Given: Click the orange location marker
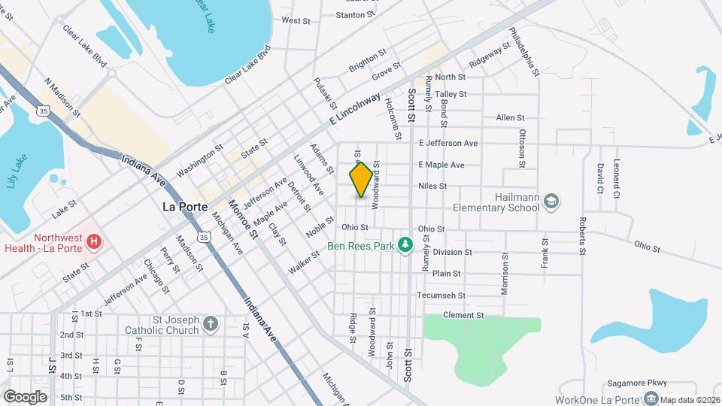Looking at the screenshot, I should click(362, 180).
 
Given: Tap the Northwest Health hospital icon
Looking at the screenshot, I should click(94, 241).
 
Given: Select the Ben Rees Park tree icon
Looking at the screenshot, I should click(406, 244).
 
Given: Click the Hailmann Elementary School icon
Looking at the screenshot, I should click(551, 201).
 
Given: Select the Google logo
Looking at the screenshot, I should click(25, 396).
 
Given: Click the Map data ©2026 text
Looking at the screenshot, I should click(690, 400).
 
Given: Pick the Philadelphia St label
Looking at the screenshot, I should click(524, 51).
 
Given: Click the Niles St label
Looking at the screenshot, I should click(432, 186).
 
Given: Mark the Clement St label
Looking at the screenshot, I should click(463, 315).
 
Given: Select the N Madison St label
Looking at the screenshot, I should click(62, 96).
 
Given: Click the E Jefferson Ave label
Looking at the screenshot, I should click(448, 143).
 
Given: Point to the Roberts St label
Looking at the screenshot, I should click(583, 238).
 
